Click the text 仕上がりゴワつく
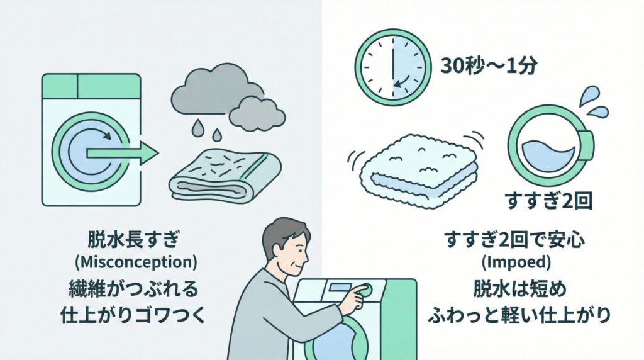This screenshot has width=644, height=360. tap(133, 314)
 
